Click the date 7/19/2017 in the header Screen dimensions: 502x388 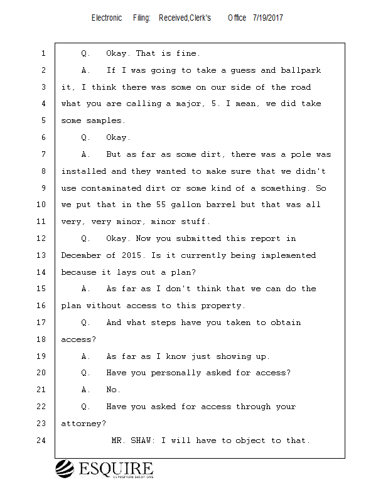(268, 18)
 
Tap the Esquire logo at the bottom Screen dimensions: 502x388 (104, 469)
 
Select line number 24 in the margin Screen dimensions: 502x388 (42, 441)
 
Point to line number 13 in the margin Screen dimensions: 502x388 (42, 255)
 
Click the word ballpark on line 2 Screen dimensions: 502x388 (301, 70)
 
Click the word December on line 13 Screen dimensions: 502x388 (81, 255)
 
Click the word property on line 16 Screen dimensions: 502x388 (223, 306)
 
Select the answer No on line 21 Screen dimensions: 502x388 (113, 390)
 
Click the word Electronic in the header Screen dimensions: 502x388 (107, 18)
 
